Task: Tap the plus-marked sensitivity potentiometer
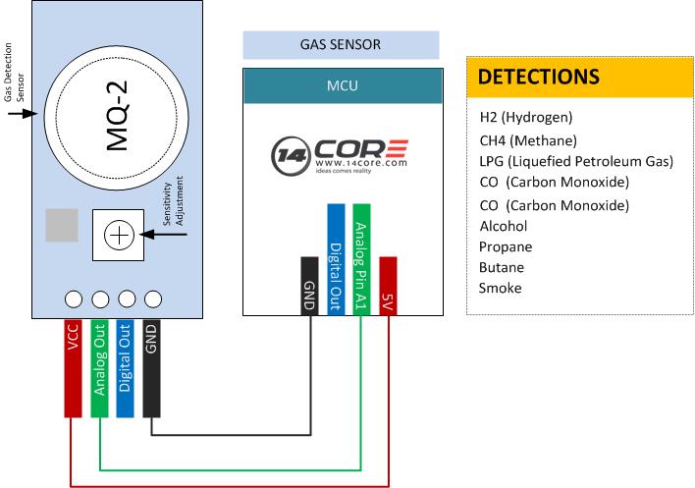click(x=118, y=235)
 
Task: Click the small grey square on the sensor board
click(x=61, y=226)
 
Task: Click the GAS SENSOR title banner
click(x=341, y=45)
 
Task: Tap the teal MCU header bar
click(x=342, y=86)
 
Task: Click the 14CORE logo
click(x=340, y=155)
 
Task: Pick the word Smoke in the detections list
click(x=501, y=288)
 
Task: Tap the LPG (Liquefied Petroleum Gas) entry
click(x=575, y=161)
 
